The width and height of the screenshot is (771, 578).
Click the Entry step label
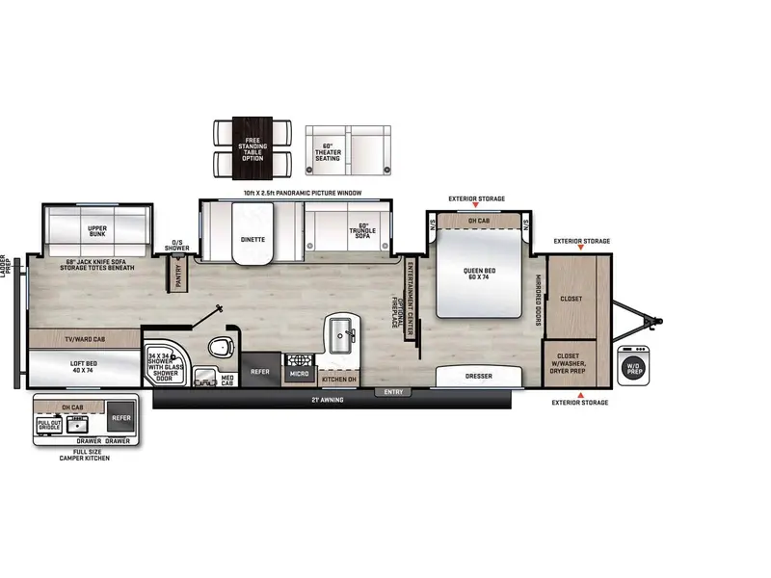pos(392,392)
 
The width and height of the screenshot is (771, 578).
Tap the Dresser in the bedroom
pos(478,376)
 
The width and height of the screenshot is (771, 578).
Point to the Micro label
pos(299,372)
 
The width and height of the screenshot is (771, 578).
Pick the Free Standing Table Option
pos(253,148)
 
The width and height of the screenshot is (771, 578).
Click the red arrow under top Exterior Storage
pos(475,206)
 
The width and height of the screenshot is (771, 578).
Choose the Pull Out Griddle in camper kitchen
pos(49,424)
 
